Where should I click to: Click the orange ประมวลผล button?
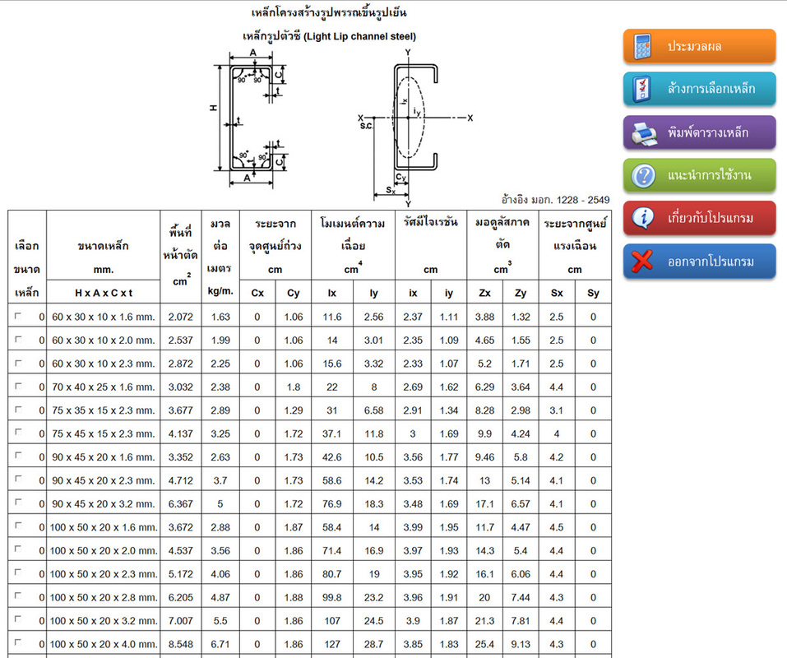699,46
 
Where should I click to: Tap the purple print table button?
699,132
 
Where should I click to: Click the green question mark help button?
699,175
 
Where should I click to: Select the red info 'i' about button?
699,218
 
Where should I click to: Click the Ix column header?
331,293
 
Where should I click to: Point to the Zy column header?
521,293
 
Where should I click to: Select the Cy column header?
293,293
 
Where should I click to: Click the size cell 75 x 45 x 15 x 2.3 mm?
104,433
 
